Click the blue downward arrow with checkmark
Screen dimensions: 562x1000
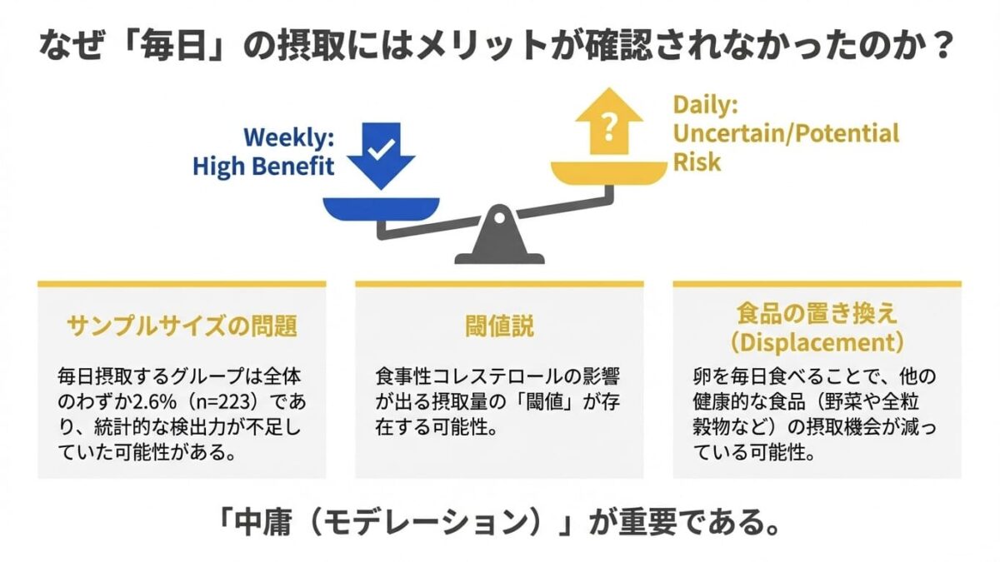point(381,155)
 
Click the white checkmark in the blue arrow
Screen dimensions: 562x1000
point(381,150)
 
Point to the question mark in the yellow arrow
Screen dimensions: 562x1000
point(610,127)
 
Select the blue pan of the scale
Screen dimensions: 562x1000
point(380,207)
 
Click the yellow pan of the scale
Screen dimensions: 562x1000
point(609,172)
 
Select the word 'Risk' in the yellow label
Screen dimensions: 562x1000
point(697,161)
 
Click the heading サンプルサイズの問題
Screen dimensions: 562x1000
point(182,326)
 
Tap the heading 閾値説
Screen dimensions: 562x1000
point(499,326)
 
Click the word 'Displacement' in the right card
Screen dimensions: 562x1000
point(817,342)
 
